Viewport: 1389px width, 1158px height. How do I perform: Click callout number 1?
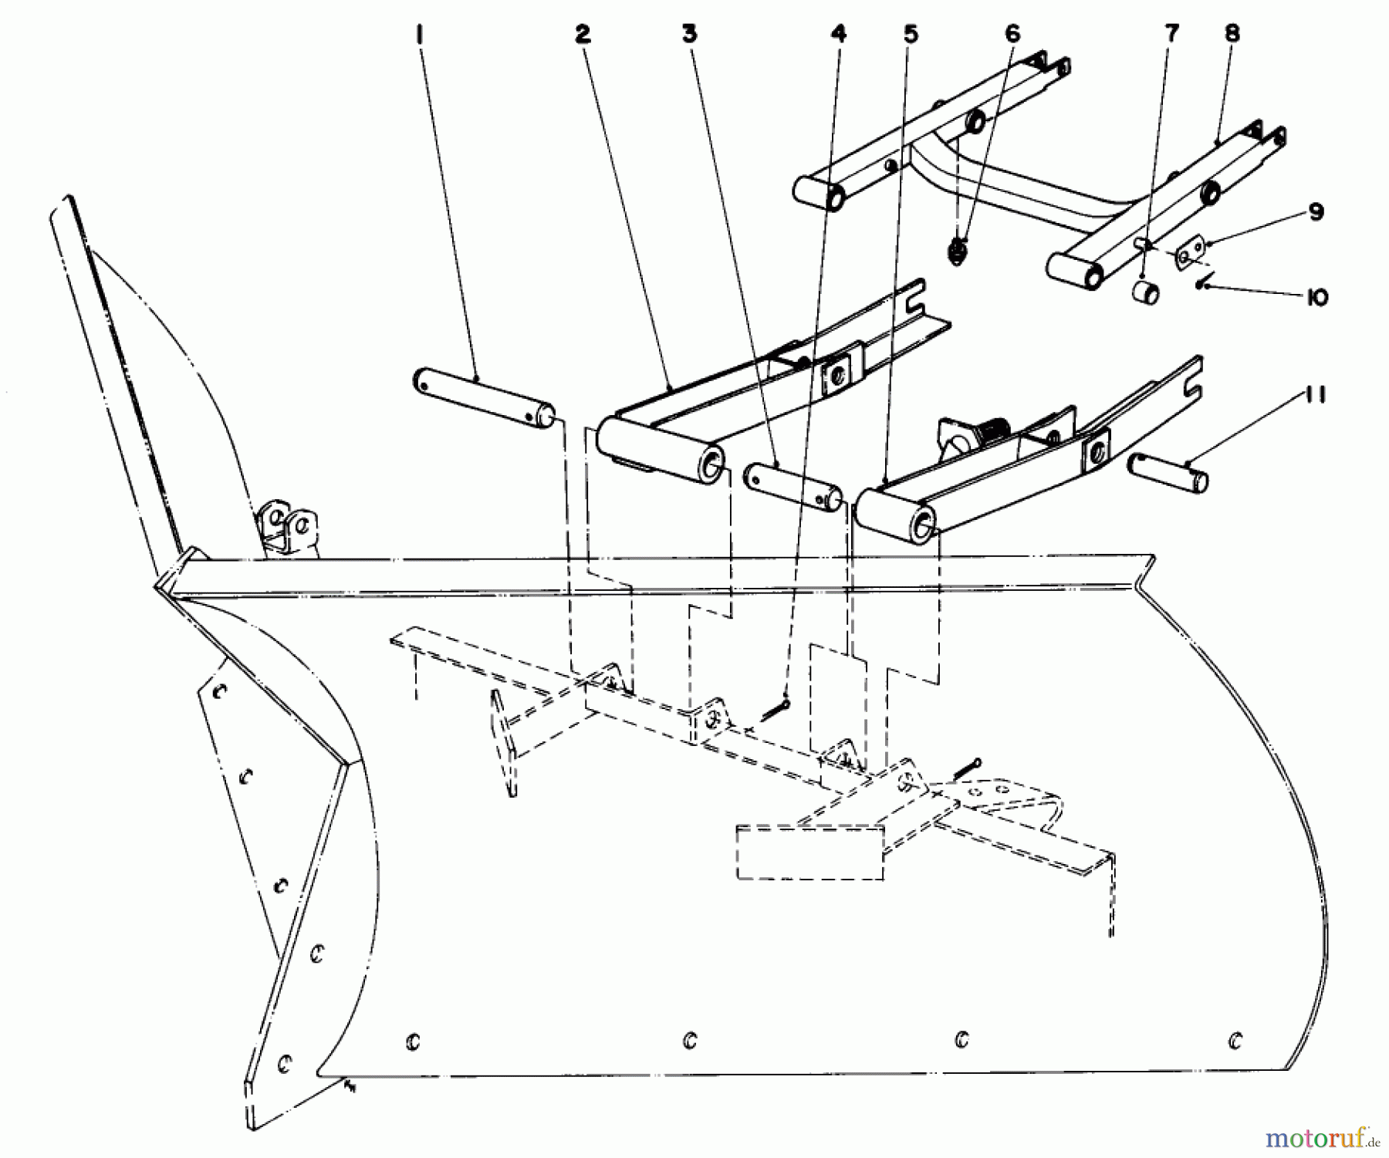[420, 36]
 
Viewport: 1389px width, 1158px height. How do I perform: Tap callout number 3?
[689, 35]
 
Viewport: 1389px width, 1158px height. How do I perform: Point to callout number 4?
[839, 35]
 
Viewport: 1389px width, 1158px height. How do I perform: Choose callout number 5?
[911, 35]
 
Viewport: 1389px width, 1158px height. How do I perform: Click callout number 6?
[1012, 35]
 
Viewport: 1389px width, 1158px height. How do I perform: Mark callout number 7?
[1171, 35]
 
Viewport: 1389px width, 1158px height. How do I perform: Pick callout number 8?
[1232, 35]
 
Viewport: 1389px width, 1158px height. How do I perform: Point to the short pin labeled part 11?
[1168, 473]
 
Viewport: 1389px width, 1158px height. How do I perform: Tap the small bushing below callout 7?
[1146, 294]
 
